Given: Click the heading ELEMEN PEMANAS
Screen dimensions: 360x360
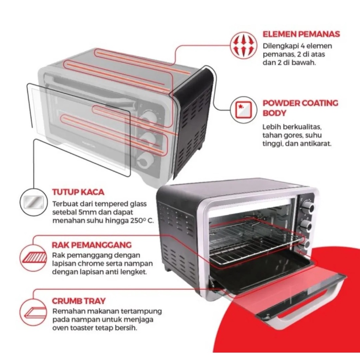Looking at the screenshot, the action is point(301,34).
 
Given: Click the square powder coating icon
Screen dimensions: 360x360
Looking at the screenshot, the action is point(242,109).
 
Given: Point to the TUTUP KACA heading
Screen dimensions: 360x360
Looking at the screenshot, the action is point(78,192).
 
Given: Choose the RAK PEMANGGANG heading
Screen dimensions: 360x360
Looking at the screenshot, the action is point(92,245).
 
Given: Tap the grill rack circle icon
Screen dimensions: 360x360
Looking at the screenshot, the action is point(34,258).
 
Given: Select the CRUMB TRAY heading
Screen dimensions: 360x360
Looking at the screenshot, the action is point(79,301).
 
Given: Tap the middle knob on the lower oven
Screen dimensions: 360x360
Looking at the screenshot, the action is point(306,225).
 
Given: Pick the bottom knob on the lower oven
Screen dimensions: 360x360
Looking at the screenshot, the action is point(305,243).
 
